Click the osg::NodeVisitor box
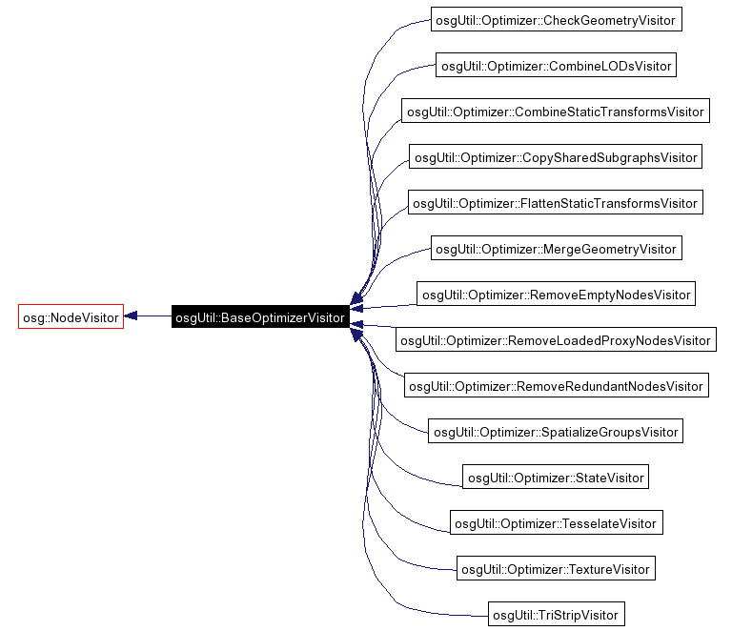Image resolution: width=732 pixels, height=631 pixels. tap(71, 317)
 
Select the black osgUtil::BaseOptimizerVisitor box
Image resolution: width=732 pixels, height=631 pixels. tap(259, 317)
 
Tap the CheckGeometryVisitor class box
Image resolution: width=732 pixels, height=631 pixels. tap(556, 20)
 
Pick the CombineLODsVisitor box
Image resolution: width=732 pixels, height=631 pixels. tap(556, 66)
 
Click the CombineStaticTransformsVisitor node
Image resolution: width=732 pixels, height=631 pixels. tap(555, 112)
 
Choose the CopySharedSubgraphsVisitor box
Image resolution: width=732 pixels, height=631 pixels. tap(555, 157)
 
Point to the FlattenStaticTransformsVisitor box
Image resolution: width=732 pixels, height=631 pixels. tap(555, 203)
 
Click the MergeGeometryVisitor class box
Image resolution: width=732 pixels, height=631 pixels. tap(556, 249)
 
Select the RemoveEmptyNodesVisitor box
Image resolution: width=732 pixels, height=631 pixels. tap(556, 295)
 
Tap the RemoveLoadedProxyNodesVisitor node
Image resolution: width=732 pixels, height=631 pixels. tap(555, 340)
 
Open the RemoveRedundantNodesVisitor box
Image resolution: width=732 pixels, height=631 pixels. tap(555, 386)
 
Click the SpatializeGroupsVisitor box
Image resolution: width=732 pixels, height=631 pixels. tap(556, 432)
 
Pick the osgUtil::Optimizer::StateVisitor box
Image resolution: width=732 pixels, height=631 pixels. tap(556, 478)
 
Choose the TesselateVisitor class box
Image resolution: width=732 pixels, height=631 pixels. tap(556, 523)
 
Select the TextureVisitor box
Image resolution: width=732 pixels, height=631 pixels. tap(556, 569)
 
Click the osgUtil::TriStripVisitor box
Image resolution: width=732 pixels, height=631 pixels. tap(556, 615)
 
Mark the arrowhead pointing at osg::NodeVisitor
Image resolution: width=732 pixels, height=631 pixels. tap(132, 316)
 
